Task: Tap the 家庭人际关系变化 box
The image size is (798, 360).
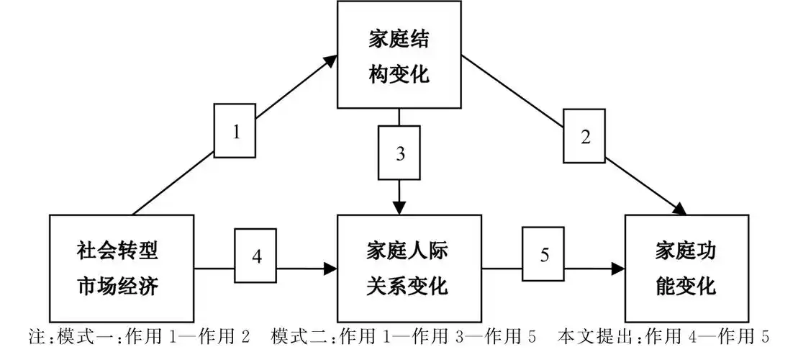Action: [409, 268]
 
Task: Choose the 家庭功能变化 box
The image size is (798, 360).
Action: [686, 268]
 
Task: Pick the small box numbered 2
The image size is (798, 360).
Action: [585, 136]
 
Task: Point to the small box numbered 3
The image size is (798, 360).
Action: [399, 153]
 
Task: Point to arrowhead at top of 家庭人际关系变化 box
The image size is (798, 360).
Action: [399, 207]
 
